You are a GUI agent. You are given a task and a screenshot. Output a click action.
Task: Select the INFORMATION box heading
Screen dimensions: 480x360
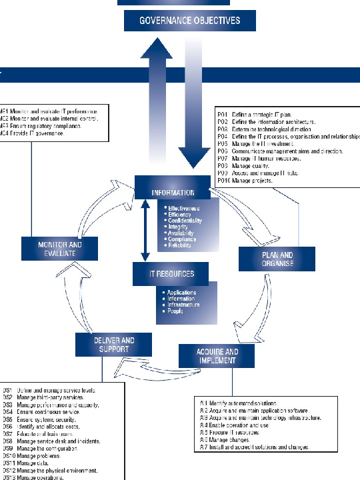point(172,193)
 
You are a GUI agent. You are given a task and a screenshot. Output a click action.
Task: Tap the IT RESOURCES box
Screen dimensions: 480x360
point(172,274)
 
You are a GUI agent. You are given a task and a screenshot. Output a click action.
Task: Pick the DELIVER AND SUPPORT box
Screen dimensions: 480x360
point(113,344)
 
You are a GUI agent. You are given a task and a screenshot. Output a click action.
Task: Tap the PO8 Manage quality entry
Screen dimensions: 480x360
point(246,166)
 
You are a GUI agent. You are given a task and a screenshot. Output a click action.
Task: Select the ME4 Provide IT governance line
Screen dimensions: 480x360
point(33,133)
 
